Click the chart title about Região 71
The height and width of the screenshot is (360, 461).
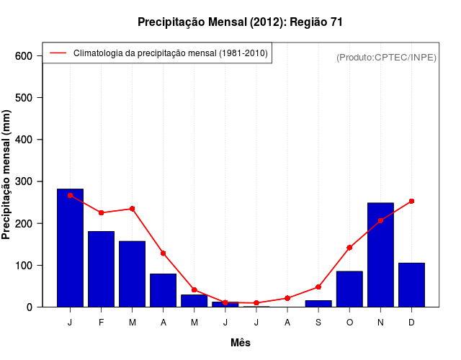pyautogui.click(x=240, y=22)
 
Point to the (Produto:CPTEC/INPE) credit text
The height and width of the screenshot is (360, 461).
pyautogui.click(x=387, y=57)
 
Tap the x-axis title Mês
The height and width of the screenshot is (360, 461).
pyautogui.click(x=241, y=343)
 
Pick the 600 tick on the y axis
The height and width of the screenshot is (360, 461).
pyautogui.click(x=23, y=56)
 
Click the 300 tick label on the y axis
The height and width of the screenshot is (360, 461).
pyautogui.click(x=23, y=181)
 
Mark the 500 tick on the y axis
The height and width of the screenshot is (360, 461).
pyautogui.click(x=23, y=98)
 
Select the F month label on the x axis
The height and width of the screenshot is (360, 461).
pyautogui.click(x=101, y=323)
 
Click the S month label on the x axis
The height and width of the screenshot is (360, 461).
pyautogui.click(x=318, y=323)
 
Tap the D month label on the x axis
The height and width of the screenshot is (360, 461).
pyautogui.click(x=411, y=323)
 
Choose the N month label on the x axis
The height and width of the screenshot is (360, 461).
pyautogui.click(x=380, y=323)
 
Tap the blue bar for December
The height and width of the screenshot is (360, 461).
pyautogui.click(x=411, y=284)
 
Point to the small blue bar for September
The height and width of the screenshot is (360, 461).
pyautogui.click(x=318, y=303)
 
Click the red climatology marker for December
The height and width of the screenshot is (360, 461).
pyautogui.click(x=411, y=202)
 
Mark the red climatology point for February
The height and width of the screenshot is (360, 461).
pyautogui.click(x=101, y=212)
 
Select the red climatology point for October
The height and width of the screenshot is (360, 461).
pyautogui.click(x=349, y=248)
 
